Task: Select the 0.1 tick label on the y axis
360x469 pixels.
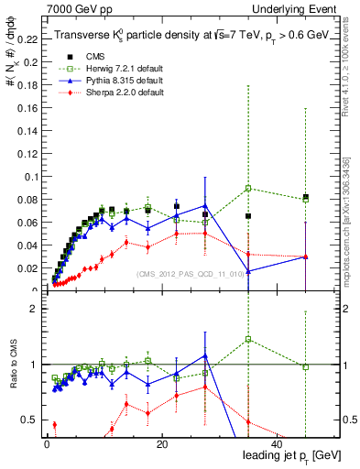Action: [x=30, y=177]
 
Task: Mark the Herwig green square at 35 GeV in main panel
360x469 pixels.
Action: [x=248, y=189]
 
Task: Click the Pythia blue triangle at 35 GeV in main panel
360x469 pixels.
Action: [x=248, y=270]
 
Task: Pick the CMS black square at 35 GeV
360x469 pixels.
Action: [x=248, y=216]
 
